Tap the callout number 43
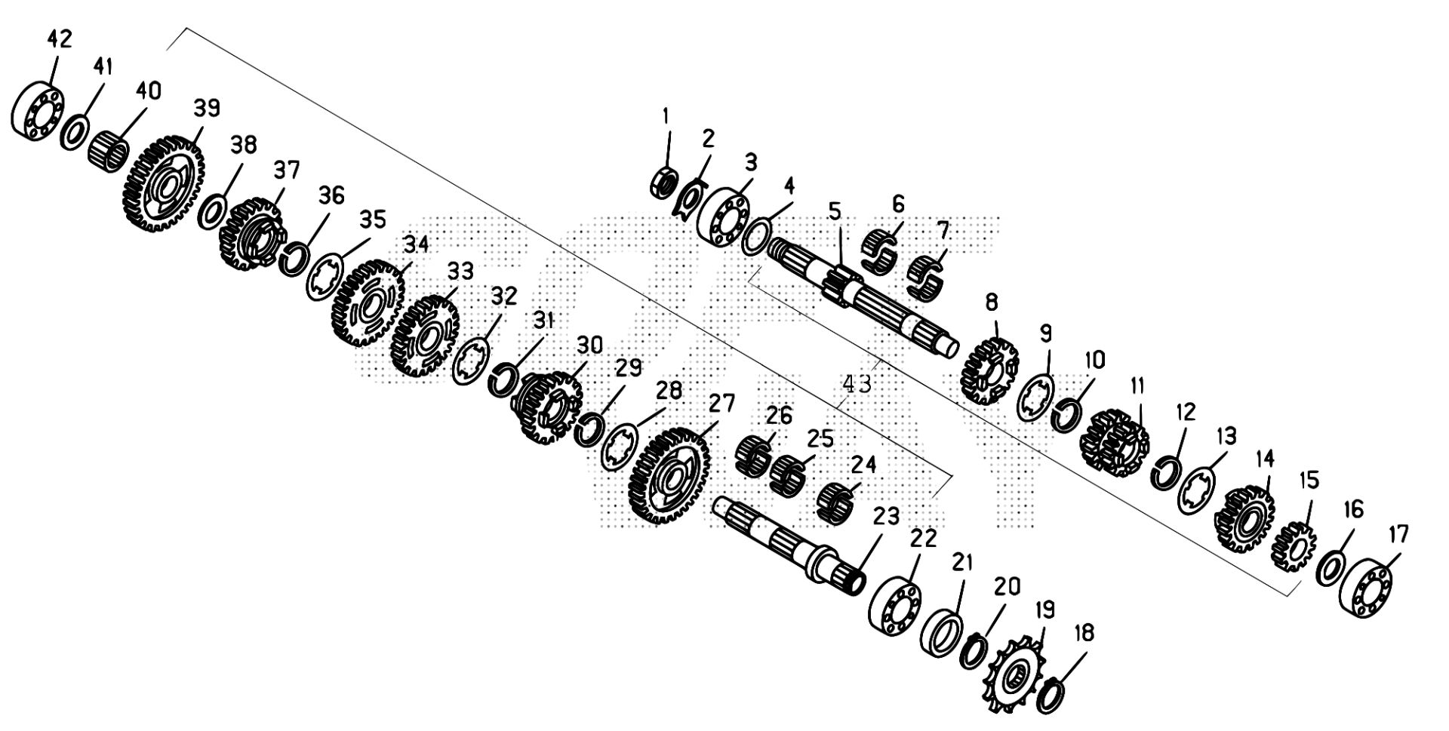[x=857, y=383]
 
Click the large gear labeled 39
[x=162, y=182]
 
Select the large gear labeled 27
[x=669, y=477]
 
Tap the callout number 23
[x=886, y=516]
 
